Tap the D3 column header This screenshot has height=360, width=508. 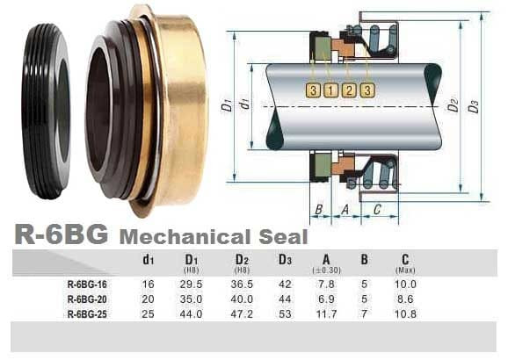(284, 259)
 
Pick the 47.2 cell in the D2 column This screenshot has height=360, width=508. (240, 313)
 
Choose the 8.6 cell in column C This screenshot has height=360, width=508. (405, 299)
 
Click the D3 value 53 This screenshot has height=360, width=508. (284, 313)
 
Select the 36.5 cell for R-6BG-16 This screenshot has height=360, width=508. (240, 284)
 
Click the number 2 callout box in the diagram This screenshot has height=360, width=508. (348, 90)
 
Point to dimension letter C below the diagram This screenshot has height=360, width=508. (377, 209)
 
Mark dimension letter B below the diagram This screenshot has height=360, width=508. (319, 209)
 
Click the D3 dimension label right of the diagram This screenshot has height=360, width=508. (474, 106)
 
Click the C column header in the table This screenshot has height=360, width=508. (405, 259)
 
